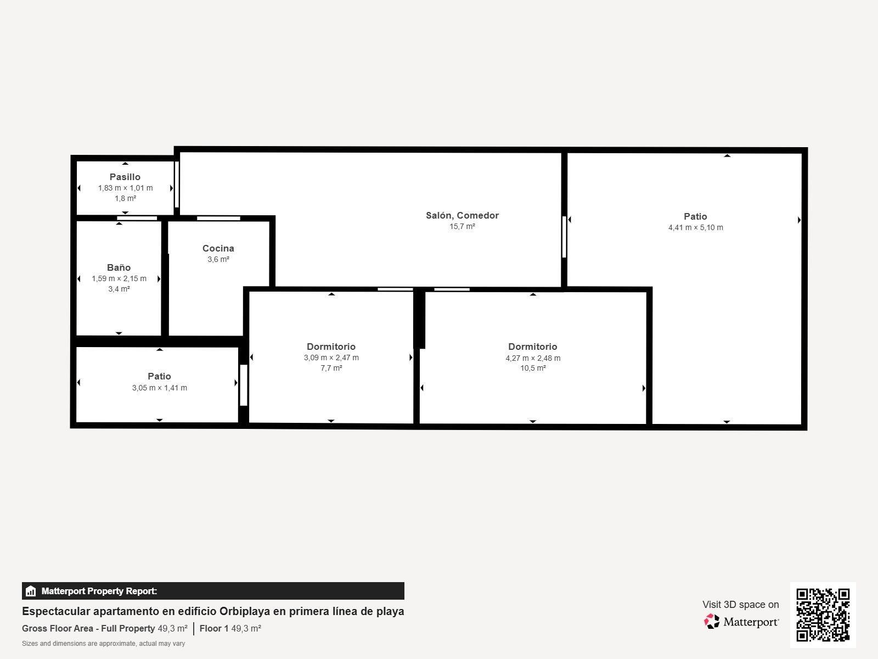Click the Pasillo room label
pyautogui.click(x=125, y=177)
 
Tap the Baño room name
pyautogui.click(x=119, y=267)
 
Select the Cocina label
pyautogui.click(x=218, y=248)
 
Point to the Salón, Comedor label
pyautogui.click(x=462, y=215)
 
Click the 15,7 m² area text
pyautogui.click(x=462, y=226)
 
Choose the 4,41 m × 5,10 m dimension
pyautogui.click(x=695, y=228)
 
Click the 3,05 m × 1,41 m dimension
pyautogui.click(x=159, y=388)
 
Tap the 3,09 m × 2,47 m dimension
pyautogui.click(x=331, y=358)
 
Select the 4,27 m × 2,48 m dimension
pyautogui.click(x=533, y=358)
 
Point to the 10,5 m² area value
pyautogui.click(x=533, y=368)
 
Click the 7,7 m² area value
pyautogui.click(x=331, y=368)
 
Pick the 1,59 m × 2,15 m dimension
pyautogui.click(x=119, y=278)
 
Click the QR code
pyautogui.click(x=823, y=615)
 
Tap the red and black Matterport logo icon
pyautogui.click(x=712, y=622)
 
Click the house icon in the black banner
pyautogui.click(x=30, y=591)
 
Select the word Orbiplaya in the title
pyautogui.click(x=244, y=611)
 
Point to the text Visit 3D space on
pyautogui.click(x=740, y=605)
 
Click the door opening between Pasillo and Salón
pyautogui.click(x=176, y=185)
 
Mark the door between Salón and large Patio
pyautogui.click(x=564, y=237)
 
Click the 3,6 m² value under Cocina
pyautogui.click(x=218, y=259)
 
